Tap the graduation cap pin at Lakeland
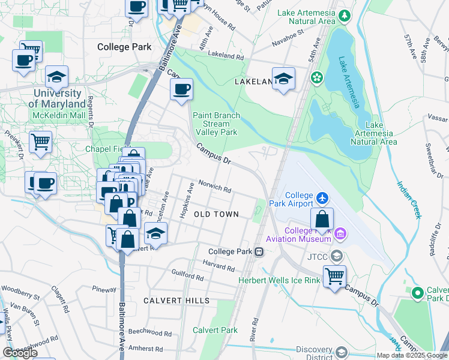[x=283, y=79]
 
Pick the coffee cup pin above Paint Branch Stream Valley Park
[x=181, y=91]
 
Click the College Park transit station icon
[x=259, y=251]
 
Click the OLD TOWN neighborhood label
[x=216, y=214]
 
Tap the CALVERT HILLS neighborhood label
[x=176, y=300]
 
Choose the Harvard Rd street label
[x=217, y=263]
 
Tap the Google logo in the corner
[x=20, y=352]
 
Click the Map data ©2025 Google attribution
[x=411, y=355]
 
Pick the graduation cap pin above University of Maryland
[x=56, y=77]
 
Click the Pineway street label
[x=104, y=289]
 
